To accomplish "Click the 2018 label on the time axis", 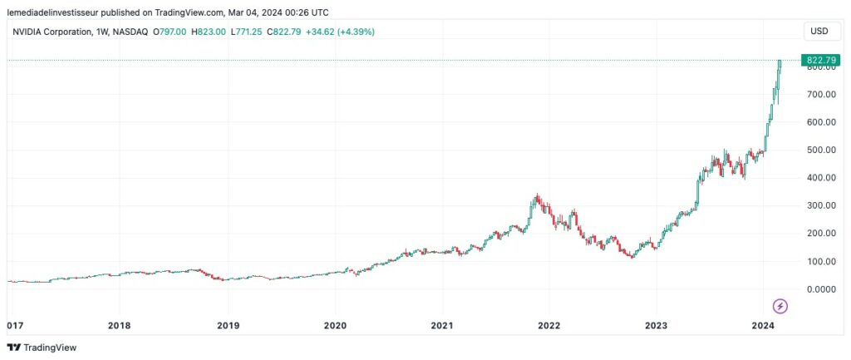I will click(x=120, y=325).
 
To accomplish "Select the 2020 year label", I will click(x=335, y=325).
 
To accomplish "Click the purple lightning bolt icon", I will click(x=780, y=306).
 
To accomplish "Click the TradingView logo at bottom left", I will click(x=37, y=348).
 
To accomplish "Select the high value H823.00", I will click(x=209, y=32).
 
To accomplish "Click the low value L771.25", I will click(x=245, y=32).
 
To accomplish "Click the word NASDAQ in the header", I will click(x=130, y=32).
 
